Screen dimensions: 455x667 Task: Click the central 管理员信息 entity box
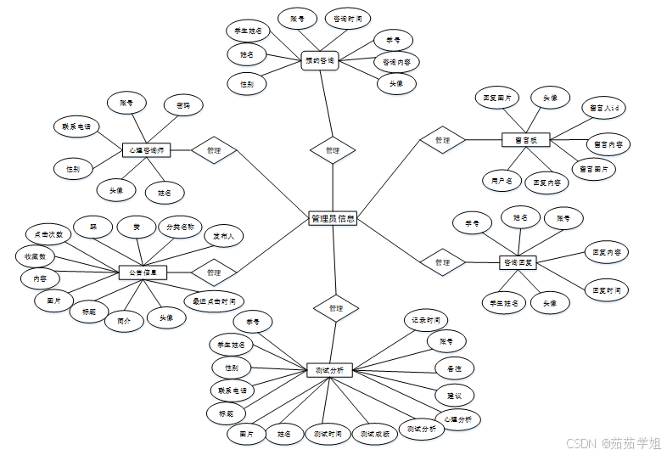[x=333, y=218]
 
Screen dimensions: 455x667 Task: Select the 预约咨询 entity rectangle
[x=320, y=60]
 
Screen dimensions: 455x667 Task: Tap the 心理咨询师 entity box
[x=147, y=150]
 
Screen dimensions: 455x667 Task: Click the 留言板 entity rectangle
[x=526, y=140]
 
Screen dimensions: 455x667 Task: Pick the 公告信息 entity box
[x=143, y=272]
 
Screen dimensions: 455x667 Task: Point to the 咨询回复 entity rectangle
[x=518, y=262]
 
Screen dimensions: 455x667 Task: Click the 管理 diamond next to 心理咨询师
[x=213, y=150]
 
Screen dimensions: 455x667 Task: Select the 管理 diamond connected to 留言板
[x=442, y=140]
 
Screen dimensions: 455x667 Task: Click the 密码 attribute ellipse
[x=183, y=106]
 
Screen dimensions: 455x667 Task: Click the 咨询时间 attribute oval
[x=347, y=18]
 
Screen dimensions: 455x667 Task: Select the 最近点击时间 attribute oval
[x=214, y=301]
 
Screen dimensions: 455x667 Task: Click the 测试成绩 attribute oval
[x=374, y=434]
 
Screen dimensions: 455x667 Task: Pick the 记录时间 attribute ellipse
[x=425, y=320]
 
